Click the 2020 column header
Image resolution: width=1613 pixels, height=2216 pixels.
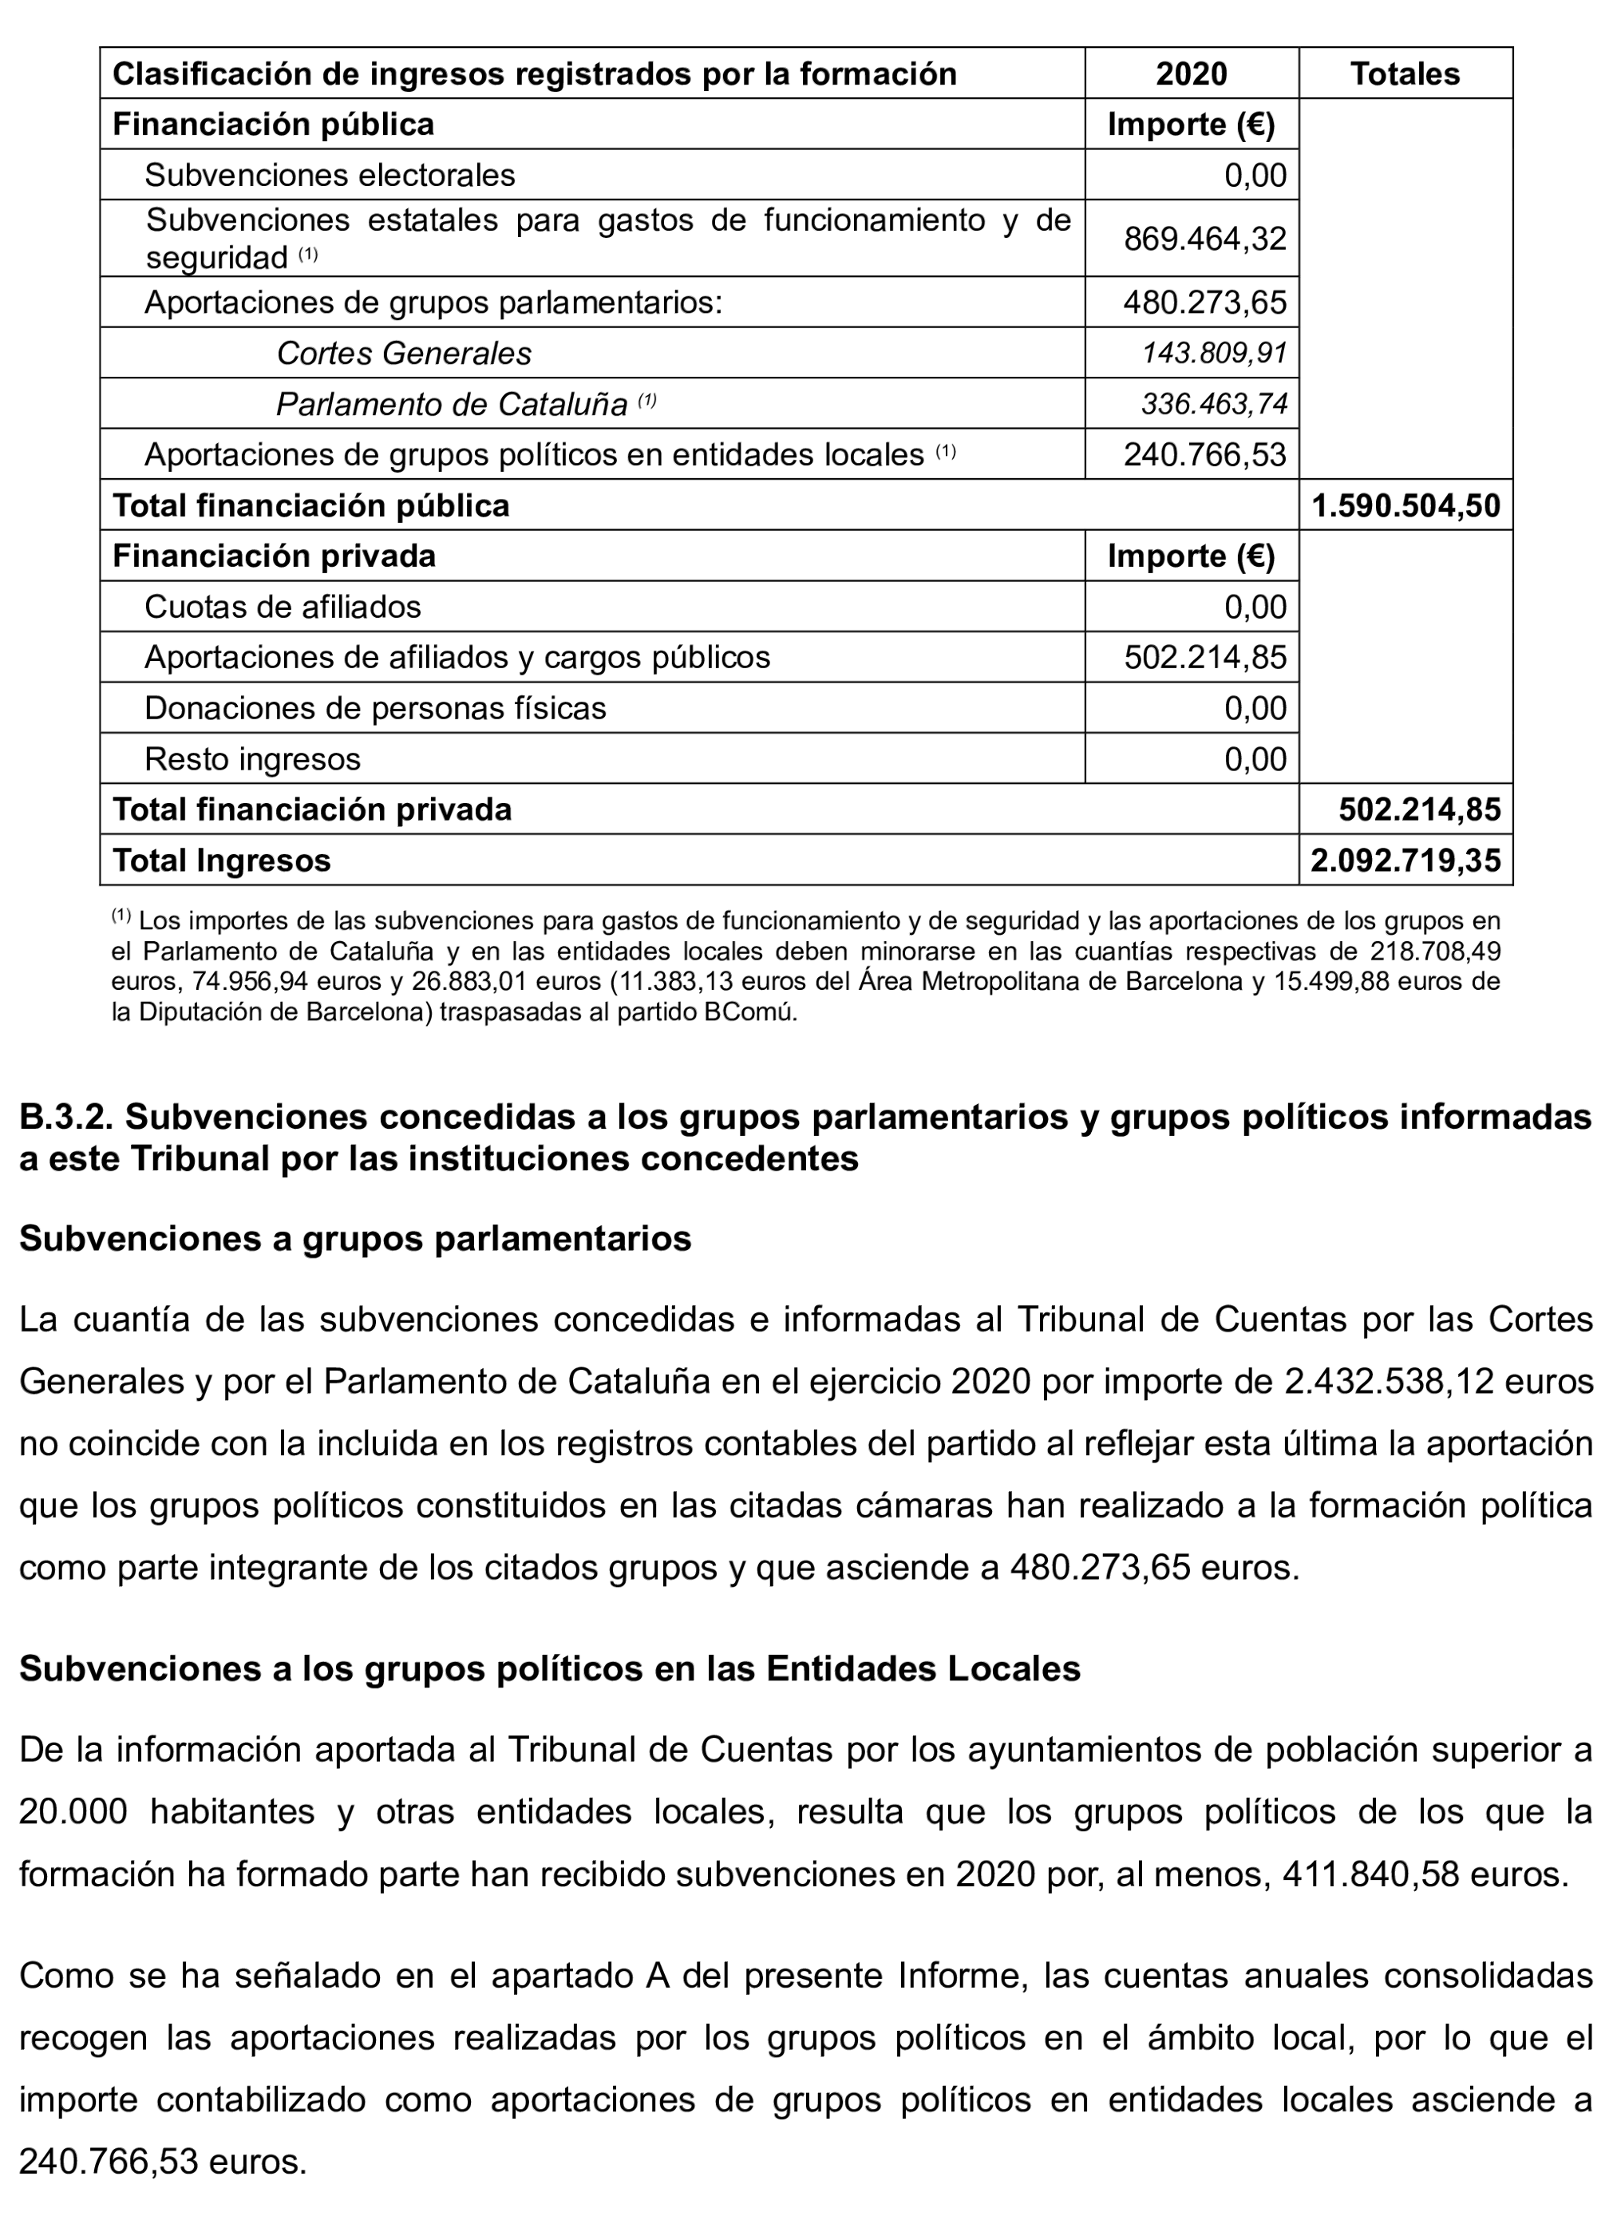point(1191,73)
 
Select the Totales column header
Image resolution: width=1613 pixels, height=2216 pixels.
point(1404,73)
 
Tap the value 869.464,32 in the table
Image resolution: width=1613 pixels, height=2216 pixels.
point(1204,239)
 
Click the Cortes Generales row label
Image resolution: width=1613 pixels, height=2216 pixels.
point(404,353)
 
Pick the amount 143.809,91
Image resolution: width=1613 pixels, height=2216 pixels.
point(1215,353)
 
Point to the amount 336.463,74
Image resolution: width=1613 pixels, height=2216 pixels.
point(1215,404)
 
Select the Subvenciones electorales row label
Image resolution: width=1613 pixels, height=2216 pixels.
point(330,175)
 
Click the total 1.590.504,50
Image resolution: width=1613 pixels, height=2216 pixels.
point(1405,505)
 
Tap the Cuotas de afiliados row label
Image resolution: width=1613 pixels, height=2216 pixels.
point(283,607)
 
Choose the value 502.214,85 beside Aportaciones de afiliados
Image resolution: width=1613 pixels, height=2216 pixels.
point(1204,658)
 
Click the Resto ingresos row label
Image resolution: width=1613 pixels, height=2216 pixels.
point(252,759)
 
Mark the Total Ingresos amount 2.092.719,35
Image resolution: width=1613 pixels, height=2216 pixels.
point(1405,861)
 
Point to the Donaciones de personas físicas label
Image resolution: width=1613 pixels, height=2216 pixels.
point(375,708)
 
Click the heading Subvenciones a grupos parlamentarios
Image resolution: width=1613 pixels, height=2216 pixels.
point(354,1238)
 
